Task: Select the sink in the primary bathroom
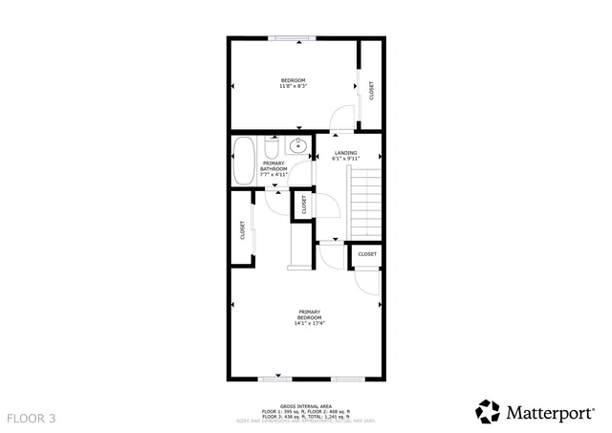tap(297, 147)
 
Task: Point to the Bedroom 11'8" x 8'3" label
tap(293, 82)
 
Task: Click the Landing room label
tap(345, 156)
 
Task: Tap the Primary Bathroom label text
tap(273, 169)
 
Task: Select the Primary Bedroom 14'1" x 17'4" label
tap(309, 316)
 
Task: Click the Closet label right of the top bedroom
tap(371, 90)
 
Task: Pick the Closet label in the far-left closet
tap(242, 230)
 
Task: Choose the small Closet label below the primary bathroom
tap(304, 205)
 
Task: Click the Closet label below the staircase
tap(367, 254)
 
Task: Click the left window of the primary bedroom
tap(276, 379)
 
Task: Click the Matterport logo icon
tap(488, 411)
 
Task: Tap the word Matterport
tap(549, 412)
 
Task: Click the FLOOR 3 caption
tap(32, 418)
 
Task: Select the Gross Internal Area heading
tap(305, 404)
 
